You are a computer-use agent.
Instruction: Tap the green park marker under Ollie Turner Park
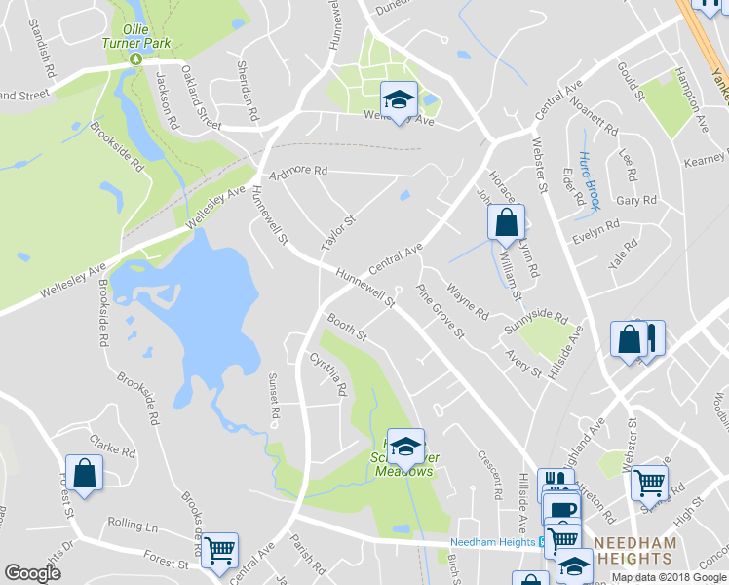tap(136, 59)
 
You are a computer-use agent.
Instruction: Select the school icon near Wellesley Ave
tap(397, 100)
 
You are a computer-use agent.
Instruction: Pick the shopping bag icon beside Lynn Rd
tap(506, 222)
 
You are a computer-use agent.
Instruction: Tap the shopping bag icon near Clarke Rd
tap(84, 474)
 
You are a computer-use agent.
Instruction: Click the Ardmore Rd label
tap(300, 170)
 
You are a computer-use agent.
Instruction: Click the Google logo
tap(32, 573)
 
